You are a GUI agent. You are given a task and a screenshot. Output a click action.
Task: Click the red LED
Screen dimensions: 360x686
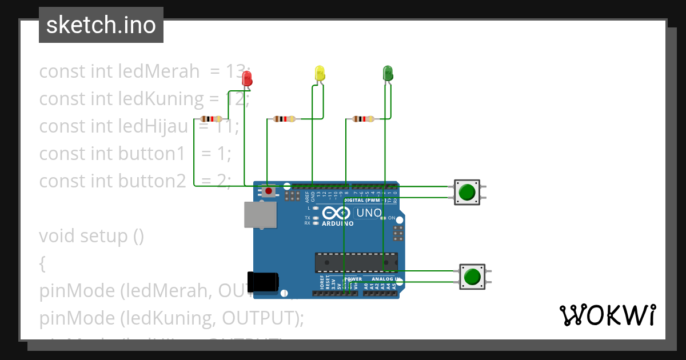click(x=247, y=78)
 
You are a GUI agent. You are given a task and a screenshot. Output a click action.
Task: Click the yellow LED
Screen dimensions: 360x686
click(x=320, y=73)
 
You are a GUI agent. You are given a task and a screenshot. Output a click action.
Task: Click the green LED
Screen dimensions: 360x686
click(x=388, y=73)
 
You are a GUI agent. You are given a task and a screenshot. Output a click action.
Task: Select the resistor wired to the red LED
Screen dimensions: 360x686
click(x=212, y=119)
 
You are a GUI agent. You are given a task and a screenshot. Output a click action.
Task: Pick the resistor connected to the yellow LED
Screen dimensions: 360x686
click(x=284, y=119)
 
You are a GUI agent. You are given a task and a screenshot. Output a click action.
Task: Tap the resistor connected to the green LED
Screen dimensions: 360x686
click(x=363, y=119)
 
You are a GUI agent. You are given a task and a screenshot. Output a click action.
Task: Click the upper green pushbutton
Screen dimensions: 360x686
click(x=467, y=191)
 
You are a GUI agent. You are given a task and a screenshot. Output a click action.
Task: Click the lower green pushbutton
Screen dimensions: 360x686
click(x=472, y=277)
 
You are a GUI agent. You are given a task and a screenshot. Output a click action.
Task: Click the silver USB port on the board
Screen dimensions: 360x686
click(x=260, y=215)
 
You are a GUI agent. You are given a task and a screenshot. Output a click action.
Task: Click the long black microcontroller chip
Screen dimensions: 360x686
click(x=356, y=262)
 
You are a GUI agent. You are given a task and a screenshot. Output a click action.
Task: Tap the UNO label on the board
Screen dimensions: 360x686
click(x=369, y=213)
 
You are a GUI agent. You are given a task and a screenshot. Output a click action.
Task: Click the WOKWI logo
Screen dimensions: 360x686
click(x=607, y=315)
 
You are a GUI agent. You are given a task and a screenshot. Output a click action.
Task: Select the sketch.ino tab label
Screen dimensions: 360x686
click(x=101, y=25)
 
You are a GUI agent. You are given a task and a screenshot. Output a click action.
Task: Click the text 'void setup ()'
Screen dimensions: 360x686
click(x=91, y=235)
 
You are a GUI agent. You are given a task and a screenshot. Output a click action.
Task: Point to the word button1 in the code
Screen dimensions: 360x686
click(x=151, y=153)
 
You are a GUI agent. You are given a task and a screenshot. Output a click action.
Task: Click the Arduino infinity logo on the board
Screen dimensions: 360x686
click(x=336, y=213)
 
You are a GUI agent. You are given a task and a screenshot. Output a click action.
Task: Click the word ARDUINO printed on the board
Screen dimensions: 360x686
click(x=337, y=223)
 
